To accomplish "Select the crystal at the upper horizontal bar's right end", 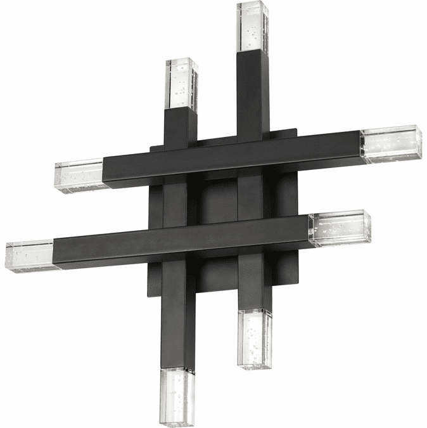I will click(390, 145).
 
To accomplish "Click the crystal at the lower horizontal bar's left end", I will click(32, 256).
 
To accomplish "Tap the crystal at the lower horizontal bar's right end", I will click(340, 228).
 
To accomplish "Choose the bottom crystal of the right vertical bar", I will click(255, 338).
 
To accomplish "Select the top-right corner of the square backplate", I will click(295, 132).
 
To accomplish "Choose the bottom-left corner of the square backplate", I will click(150, 295).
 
